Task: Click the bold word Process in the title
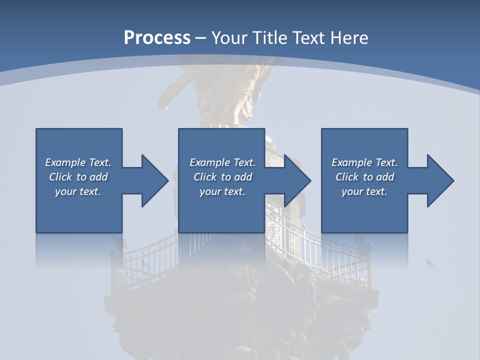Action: click(x=157, y=38)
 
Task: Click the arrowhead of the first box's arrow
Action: click(x=155, y=180)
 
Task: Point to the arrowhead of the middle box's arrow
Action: click(x=298, y=180)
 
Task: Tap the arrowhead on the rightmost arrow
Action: click(x=441, y=180)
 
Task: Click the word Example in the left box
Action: click(x=65, y=162)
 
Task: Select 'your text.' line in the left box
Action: click(x=78, y=191)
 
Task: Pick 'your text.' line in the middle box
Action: click(x=222, y=191)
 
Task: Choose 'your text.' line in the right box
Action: click(x=364, y=191)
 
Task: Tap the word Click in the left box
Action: click(x=60, y=177)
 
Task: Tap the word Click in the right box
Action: click(x=347, y=177)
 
